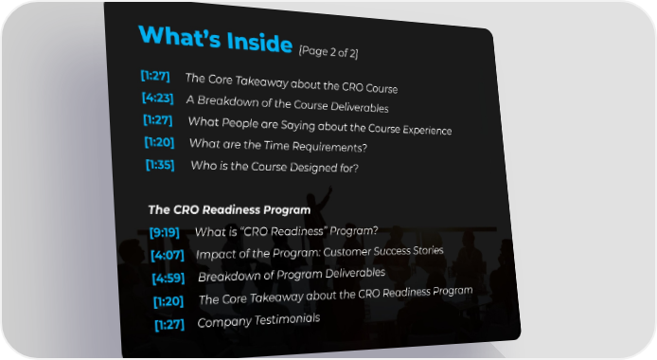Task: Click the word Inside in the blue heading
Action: tap(259, 42)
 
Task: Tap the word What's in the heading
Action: tap(179, 36)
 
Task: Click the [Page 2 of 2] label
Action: tap(328, 52)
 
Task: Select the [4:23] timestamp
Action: tap(157, 98)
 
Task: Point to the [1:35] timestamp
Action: tap(160, 164)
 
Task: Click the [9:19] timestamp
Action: tap(165, 232)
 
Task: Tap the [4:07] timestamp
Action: tap(168, 255)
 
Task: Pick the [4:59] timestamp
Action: tap(168, 278)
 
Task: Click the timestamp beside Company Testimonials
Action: tap(169, 324)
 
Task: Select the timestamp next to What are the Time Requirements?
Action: tap(159, 142)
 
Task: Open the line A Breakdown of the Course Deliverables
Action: tap(288, 103)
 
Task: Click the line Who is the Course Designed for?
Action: tap(275, 167)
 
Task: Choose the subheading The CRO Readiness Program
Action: tap(229, 209)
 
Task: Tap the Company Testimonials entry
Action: tap(258, 320)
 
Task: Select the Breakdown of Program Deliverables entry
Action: tap(292, 275)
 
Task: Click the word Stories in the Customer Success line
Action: tap(428, 250)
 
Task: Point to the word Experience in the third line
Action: tap(427, 130)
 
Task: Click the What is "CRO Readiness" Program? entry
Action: tap(286, 231)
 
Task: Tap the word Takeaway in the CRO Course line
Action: tap(261, 81)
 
